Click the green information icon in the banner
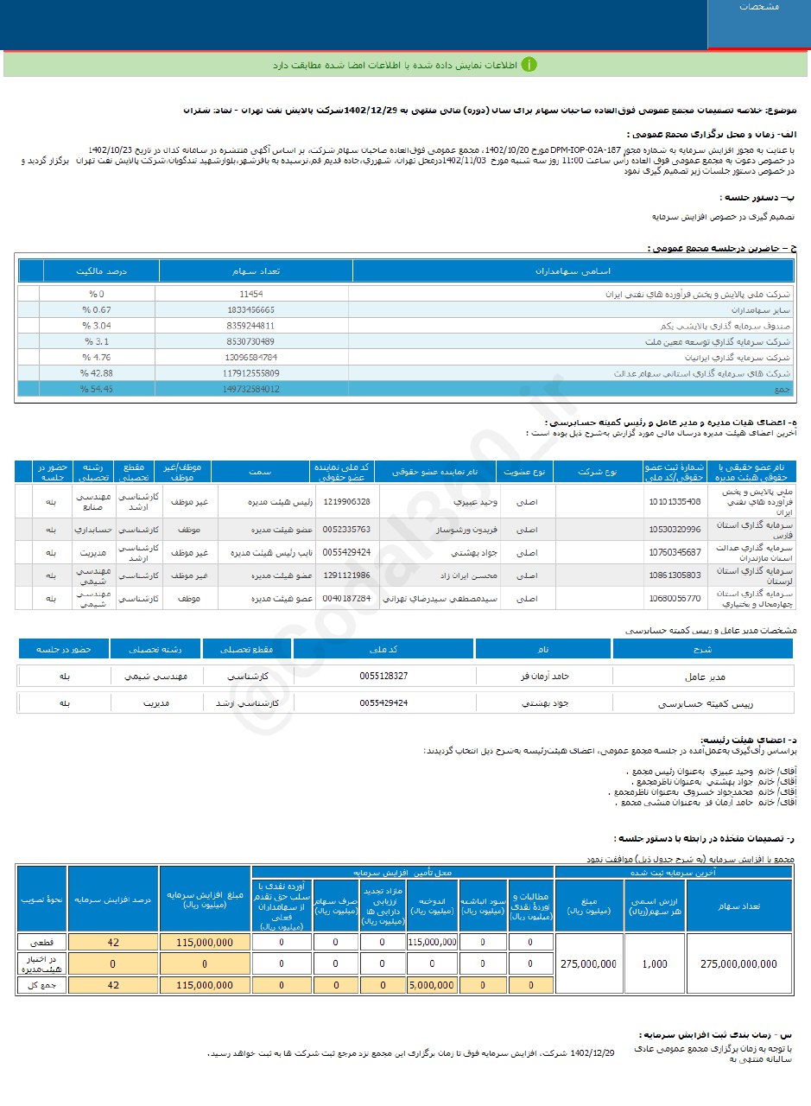(529, 65)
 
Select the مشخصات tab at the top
(758, 7)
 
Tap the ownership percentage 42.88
(98, 372)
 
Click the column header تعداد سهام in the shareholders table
(256, 270)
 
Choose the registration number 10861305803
(673, 575)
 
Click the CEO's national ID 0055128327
(383, 676)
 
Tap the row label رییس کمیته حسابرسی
(704, 704)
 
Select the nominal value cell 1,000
(656, 963)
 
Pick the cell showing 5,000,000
(432, 984)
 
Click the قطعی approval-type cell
(41, 943)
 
